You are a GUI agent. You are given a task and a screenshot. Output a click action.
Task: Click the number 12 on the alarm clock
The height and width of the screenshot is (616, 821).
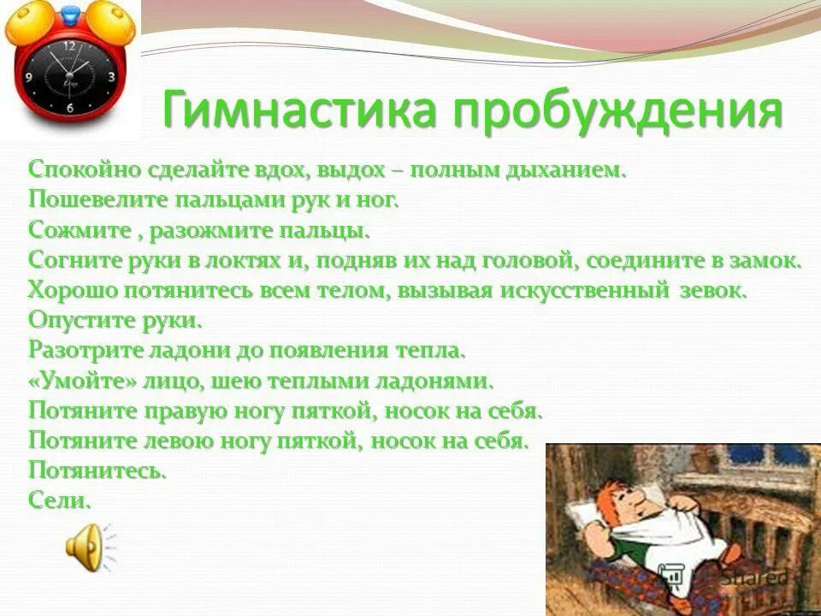click(69, 44)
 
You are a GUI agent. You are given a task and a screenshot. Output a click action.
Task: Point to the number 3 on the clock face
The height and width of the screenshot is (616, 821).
click(111, 76)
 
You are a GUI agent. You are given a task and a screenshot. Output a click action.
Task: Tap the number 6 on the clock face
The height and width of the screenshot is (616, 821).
click(70, 109)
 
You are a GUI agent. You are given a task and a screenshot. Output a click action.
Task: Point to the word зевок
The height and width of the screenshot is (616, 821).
click(712, 290)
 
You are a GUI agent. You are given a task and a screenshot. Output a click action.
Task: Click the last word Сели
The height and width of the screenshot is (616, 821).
click(59, 500)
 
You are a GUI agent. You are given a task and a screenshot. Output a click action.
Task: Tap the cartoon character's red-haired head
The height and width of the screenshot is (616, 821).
click(623, 514)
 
